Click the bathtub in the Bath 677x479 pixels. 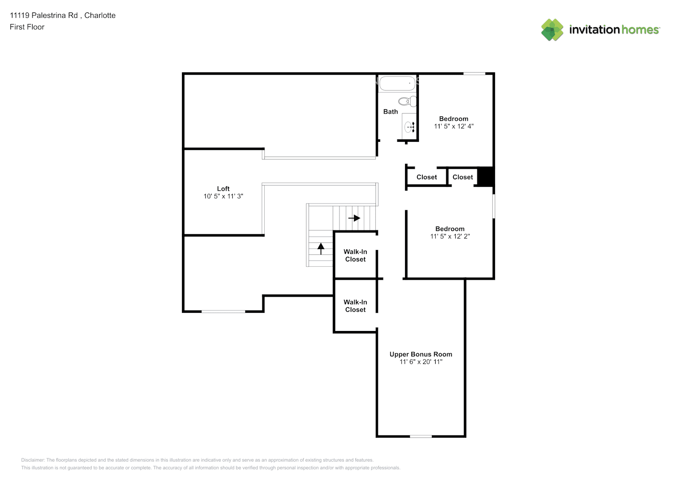click(x=397, y=83)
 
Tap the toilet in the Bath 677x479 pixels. click(x=407, y=101)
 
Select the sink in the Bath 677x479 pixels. click(x=409, y=127)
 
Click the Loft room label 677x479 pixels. click(x=223, y=189)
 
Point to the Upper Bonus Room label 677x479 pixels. click(x=420, y=354)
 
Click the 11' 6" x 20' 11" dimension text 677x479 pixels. click(x=421, y=362)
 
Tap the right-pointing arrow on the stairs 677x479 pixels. click(x=354, y=218)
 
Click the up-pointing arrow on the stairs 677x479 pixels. click(x=321, y=248)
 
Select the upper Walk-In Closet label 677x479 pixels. click(x=355, y=256)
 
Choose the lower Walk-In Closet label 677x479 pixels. click(x=355, y=306)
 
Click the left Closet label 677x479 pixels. click(x=427, y=177)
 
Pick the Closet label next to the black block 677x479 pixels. click(x=463, y=177)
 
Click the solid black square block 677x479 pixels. click(x=485, y=176)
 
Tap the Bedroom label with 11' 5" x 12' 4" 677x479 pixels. click(x=453, y=119)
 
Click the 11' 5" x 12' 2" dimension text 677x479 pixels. click(x=450, y=237)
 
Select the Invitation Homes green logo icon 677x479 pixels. click(x=552, y=30)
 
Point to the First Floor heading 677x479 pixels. click(x=27, y=27)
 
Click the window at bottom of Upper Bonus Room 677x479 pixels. click(x=420, y=436)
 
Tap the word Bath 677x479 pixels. click(x=390, y=112)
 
